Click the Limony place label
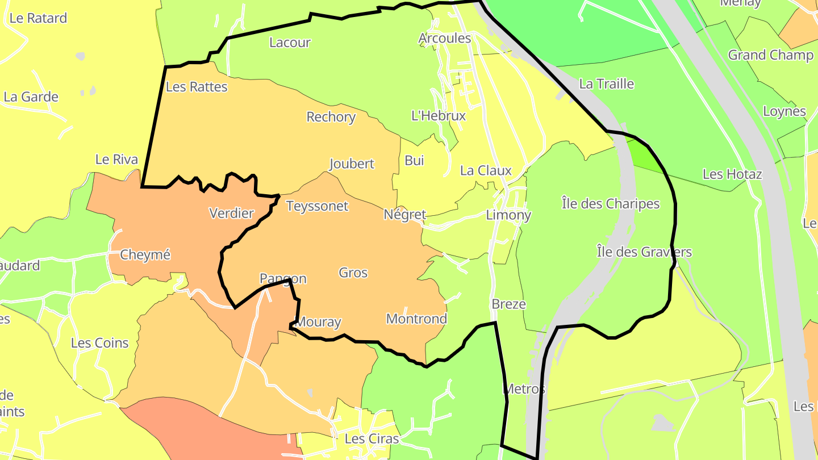pyautogui.click(x=508, y=215)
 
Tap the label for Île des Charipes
pyautogui.click(x=611, y=203)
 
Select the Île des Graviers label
pyautogui.click(x=644, y=251)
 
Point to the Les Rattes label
pyautogui.click(x=197, y=87)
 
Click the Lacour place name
pyautogui.click(x=290, y=42)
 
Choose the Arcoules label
pyautogui.click(x=445, y=38)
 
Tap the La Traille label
pyautogui.click(x=606, y=83)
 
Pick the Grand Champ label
pyautogui.click(x=771, y=55)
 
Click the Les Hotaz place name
pyautogui.click(x=732, y=174)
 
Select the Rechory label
pyautogui.click(x=331, y=117)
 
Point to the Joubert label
pyautogui.click(x=352, y=164)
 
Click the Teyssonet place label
pyautogui.click(x=317, y=206)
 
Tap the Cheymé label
pyautogui.click(x=145, y=255)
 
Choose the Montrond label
pyautogui.click(x=416, y=319)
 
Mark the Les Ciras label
pyautogui.click(x=372, y=438)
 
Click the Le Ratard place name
pyautogui.click(x=38, y=18)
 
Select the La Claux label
pyautogui.click(x=486, y=170)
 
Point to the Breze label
pyautogui.click(x=508, y=304)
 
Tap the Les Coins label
pyautogui.click(x=100, y=342)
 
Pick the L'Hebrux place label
pyautogui.click(x=439, y=116)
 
